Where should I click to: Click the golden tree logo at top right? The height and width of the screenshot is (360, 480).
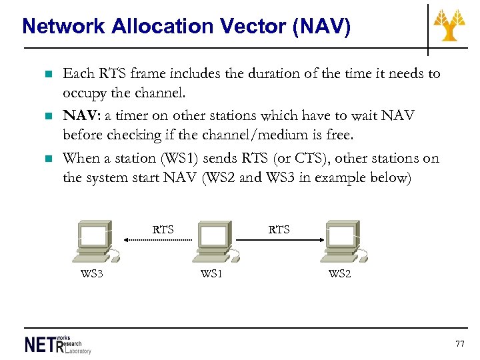click(x=450, y=25)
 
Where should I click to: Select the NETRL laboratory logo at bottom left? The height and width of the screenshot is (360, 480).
click(x=57, y=343)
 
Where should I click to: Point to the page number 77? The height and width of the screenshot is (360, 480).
click(x=459, y=343)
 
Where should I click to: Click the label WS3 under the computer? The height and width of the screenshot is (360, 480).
click(x=91, y=273)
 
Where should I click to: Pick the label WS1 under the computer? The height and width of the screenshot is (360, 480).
click(x=211, y=273)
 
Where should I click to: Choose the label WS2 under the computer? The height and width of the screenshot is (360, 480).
click(x=339, y=273)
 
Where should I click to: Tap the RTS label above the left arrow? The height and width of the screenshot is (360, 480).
click(x=163, y=229)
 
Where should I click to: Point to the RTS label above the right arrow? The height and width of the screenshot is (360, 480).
click(x=279, y=229)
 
